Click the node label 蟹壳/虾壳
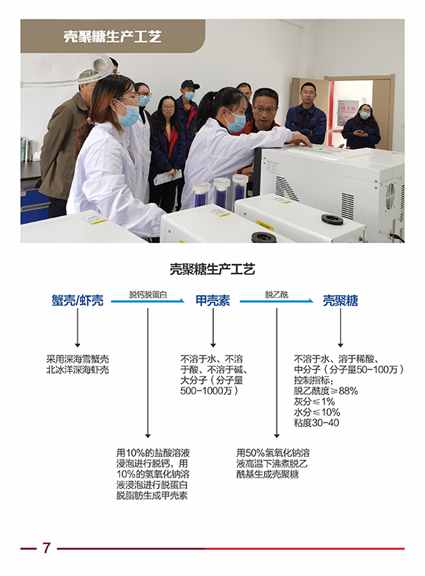click(x=78, y=300)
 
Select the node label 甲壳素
click(x=212, y=300)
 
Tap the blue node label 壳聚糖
click(x=341, y=300)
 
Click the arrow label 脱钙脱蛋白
click(x=148, y=294)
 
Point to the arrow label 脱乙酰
click(x=277, y=294)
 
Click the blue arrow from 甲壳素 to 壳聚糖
click(x=277, y=301)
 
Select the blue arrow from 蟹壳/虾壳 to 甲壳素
click(x=148, y=301)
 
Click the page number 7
click(x=46, y=548)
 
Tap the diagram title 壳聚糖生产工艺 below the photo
click(x=212, y=269)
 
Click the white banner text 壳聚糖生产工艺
click(x=113, y=37)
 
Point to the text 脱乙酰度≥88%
click(x=326, y=391)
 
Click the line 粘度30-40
click(x=316, y=422)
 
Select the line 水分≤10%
click(x=317, y=412)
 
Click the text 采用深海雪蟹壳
click(x=78, y=359)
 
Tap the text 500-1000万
click(x=210, y=391)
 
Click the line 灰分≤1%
click(x=315, y=402)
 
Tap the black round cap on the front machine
click(x=264, y=237)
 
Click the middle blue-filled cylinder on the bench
click(x=221, y=192)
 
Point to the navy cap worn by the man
click(x=189, y=85)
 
